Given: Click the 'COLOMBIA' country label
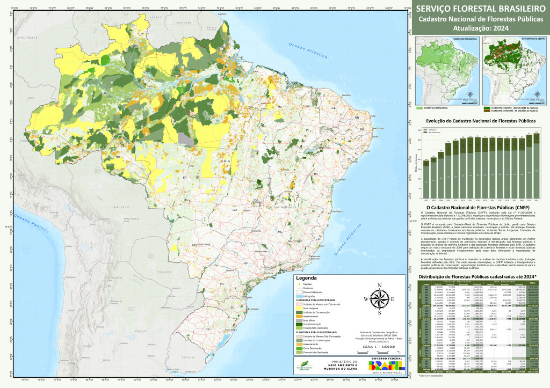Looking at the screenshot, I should pyautogui.click(x=26, y=39).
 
